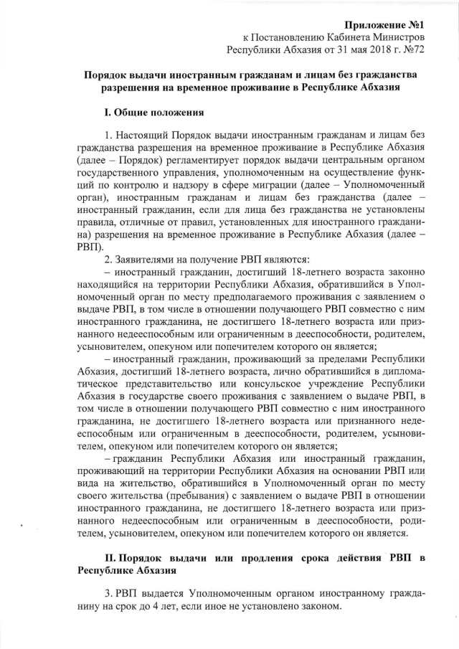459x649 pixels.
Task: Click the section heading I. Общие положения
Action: (155, 113)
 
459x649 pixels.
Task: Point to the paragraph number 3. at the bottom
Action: (109, 594)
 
